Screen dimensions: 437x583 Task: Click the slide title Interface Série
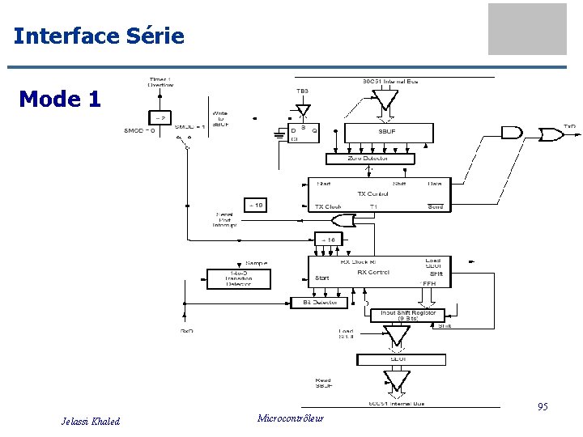(x=99, y=36)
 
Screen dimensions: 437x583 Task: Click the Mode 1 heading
(x=60, y=100)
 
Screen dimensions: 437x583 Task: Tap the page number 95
(x=543, y=407)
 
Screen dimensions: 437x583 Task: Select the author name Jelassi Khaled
(x=91, y=421)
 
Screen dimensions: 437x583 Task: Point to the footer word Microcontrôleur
(x=290, y=418)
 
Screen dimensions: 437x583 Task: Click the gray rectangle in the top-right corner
(x=527, y=29)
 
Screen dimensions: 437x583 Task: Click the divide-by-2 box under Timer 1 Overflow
(x=160, y=118)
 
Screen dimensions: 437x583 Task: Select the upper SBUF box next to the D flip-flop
(x=388, y=132)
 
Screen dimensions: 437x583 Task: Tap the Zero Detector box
(x=368, y=159)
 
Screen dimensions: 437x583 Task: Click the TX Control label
(x=373, y=194)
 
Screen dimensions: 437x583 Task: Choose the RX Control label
(x=373, y=273)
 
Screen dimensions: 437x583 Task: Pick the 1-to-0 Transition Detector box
(x=239, y=278)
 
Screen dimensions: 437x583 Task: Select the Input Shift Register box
(x=407, y=316)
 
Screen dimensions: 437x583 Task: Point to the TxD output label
(x=570, y=127)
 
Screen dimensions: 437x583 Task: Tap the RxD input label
(x=186, y=331)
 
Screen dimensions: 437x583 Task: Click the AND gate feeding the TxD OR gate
(x=513, y=132)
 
